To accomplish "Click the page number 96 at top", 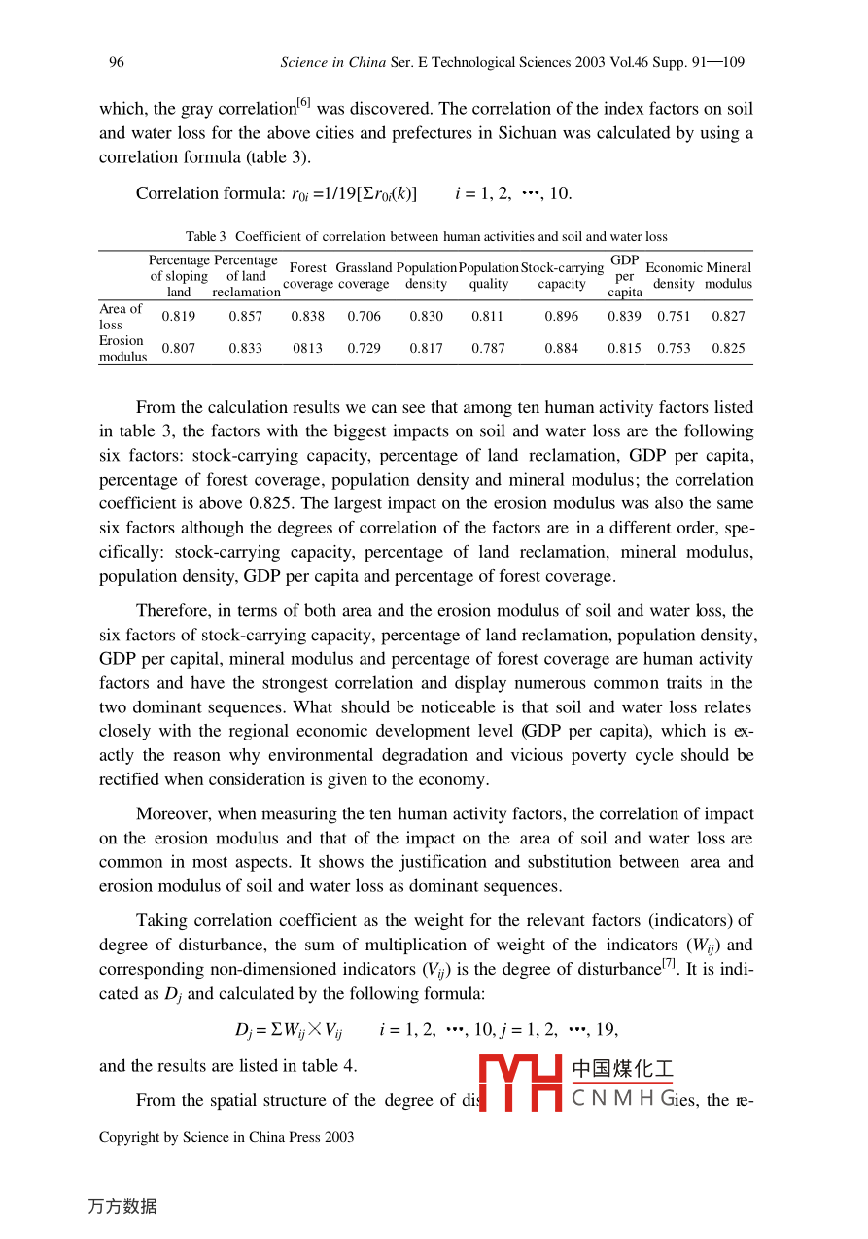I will [x=117, y=63].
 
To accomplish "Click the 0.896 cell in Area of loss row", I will [x=562, y=317].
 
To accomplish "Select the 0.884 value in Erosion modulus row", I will [x=562, y=349].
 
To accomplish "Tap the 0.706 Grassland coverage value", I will [x=365, y=317].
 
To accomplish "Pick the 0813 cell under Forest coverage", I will [x=308, y=349].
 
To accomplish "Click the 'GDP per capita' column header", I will [x=625, y=276].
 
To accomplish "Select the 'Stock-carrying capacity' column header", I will [x=562, y=276].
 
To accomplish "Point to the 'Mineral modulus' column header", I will [x=728, y=276].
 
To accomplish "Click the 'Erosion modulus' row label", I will [x=122, y=349].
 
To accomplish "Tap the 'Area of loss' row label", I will [x=121, y=317].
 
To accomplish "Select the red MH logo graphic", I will [x=521, y=1084].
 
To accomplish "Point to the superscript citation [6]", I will [x=304, y=103].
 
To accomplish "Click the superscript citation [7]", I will [x=670, y=963].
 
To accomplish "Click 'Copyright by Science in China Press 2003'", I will [x=226, y=1137].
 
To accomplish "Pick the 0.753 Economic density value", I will [x=674, y=349].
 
